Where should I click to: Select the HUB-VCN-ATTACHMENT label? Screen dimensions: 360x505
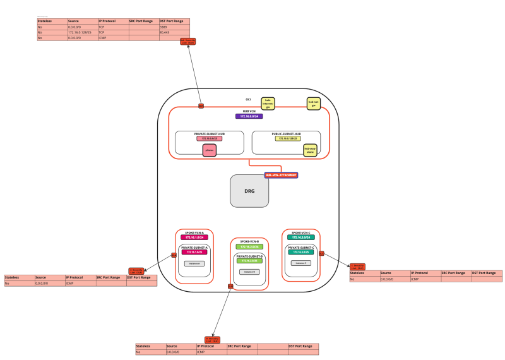pyautogui.click(x=281, y=174)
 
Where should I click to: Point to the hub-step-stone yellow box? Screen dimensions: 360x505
pyautogui.click(x=310, y=150)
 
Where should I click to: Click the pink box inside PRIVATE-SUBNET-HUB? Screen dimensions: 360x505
pyautogui.click(x=210, y=150)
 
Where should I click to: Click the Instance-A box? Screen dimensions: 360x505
pyautogui.click(x=194, y=263)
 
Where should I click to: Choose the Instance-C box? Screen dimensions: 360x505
pyautogui.click(x=300, y=263)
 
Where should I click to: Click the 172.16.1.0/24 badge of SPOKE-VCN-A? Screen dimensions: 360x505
pyautogui.click(x=194, y=237)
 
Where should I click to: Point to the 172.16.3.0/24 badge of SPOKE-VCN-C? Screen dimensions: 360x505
pyautogui.click(x=300, y=237)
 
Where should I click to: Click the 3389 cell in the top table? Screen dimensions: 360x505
pyautogui.click(x=174, y=27)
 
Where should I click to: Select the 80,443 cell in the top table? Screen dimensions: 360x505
pyautogui.click(x=174, y=32)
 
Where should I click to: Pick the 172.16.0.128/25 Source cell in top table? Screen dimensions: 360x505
pyautogui.click(x=82, y=32)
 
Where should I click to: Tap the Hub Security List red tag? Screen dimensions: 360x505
pyautogui.click(x=187, y=42)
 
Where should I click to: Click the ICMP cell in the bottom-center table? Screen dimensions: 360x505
pyautogui.click(x=211, y=352)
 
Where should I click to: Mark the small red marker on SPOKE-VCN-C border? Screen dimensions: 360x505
pyautogui.click(x=321, y=253)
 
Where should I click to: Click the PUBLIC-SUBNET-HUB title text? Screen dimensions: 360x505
pyautogui.click(x=286, y=134)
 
